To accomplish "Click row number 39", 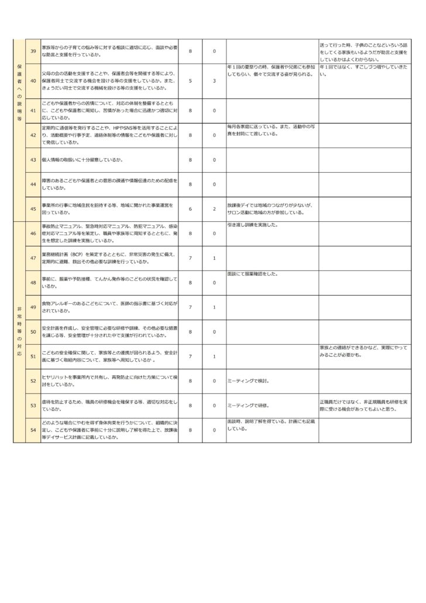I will click(33, 52).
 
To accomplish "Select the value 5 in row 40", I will click(190, 80).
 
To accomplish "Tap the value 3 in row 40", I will click(214, 80).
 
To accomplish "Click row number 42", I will click(33, 135).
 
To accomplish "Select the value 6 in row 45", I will click(190, 209).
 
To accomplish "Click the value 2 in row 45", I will click(214, 209).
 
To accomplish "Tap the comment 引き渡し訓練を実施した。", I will click(253, 225).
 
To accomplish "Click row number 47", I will click(33, 258).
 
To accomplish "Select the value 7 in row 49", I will click(190, 307).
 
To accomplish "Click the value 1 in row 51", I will click(214, 356).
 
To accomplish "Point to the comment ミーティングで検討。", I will click(248, 381).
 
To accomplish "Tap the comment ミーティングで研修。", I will click(248, 405).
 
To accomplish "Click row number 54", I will click(33, 430).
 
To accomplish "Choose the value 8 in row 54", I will click(190, 430).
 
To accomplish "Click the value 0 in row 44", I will click(214, 184).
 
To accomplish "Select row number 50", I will click(33, 331).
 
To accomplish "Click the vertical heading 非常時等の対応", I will click(20, 331).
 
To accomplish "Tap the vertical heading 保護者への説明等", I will click(20, 92).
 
